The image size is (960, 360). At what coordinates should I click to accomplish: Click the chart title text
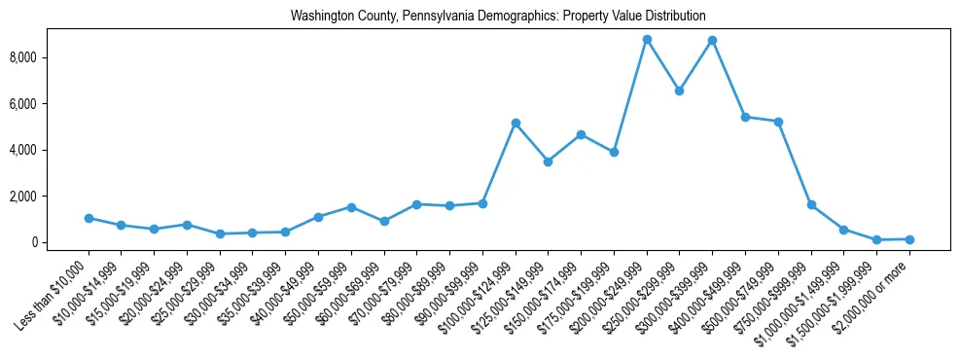pyautogui.click(x=498, y=17)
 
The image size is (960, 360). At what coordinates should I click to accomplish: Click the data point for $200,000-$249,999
pyautogui.click(x=647, y=39)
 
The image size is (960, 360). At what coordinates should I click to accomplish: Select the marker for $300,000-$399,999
pyautogui.click(x=713, y=40)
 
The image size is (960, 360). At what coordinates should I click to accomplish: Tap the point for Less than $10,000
pyautogui.click(x=89, y=218)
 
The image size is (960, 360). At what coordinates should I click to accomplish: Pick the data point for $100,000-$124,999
pyautogui.click(x=516, y=123)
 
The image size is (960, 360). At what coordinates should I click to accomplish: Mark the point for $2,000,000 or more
pyautogui.click(x=909, y=238)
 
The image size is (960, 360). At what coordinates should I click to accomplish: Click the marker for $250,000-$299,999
pyautogui.click(x=679, y=90)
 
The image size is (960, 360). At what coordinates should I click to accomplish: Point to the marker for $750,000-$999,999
pyautogui.click(x=811, y=204)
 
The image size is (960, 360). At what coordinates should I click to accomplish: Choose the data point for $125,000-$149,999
pyautogui.click(x=549, y=162)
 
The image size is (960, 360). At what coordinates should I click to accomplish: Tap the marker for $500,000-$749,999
pyautogui.click(x=778, y=122)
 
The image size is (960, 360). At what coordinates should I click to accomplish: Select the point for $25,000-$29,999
pyautogui.click(x=220, y=234)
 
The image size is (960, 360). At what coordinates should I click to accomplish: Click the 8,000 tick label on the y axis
pyautogui.click(x=50, y=57)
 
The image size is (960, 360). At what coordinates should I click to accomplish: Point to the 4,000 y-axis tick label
pyautogui.click(x=50, y=150)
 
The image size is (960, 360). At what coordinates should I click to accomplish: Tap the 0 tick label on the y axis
pyautogui.click(x=60, y=242)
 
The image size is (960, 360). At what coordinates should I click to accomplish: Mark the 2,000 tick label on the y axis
pyautogui.click(x=50, y=197)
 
